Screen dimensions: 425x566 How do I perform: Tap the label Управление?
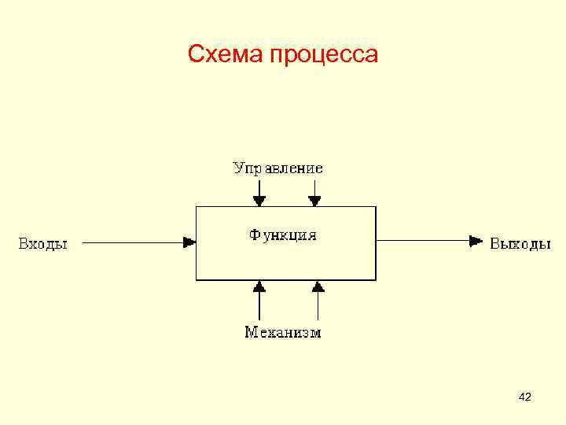(x=277, y=168)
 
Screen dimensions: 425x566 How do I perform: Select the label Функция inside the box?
(x=283, y=235)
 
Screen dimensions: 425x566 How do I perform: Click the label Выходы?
(x=520, y=243)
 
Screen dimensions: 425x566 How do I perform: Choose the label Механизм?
(x=283, y=332)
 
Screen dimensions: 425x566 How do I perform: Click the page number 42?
(x=525, y=398)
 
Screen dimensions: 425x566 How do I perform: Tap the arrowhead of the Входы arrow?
(x=189, y=242)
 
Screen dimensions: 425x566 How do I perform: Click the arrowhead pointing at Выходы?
(x=475, y=241)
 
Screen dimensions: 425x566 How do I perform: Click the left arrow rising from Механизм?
(x=259, y=300)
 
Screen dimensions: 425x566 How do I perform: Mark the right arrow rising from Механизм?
(x=318, y=300)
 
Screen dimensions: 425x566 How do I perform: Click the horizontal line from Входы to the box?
(x=134, y=242)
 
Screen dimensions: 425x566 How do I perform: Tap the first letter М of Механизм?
(x=251, y=332)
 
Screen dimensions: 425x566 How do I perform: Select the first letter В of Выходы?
(x=496, y=243)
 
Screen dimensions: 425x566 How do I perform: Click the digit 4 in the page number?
(x=522, y=398)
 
